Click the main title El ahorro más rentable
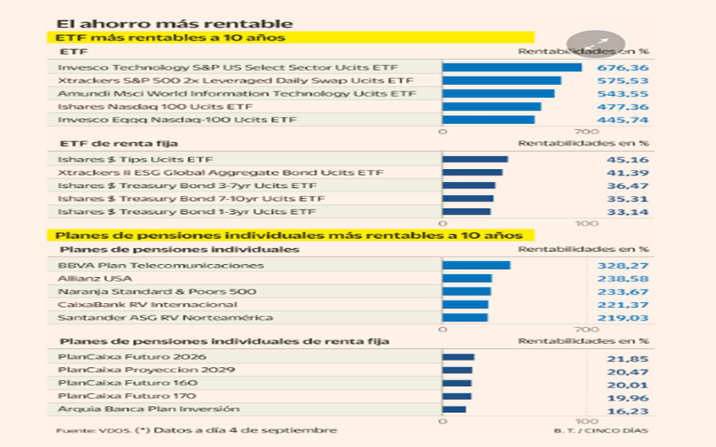(174, 24)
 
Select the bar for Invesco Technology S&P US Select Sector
(511, 67)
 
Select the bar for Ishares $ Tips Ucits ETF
(475, 159)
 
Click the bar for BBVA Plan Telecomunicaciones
(476, 266)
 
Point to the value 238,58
(624, 279)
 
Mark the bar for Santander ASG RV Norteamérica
(465, 317)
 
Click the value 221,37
(624, 305)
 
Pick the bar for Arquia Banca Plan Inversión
(454, 410)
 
